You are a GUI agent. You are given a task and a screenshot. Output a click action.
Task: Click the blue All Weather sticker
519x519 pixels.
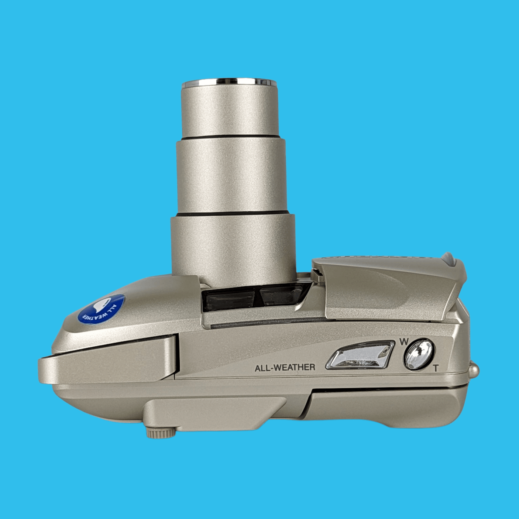[102, 308]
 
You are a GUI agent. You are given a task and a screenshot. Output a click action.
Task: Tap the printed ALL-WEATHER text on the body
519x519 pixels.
[285, 367]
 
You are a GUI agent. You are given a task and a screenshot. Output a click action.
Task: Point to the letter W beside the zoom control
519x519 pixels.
[403, 342]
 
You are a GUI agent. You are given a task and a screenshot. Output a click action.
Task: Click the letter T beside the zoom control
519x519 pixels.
[436, 368]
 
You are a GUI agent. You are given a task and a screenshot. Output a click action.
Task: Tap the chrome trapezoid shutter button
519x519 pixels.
[360, 355]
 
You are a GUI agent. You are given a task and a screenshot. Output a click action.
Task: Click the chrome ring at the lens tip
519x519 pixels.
[229, 83]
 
